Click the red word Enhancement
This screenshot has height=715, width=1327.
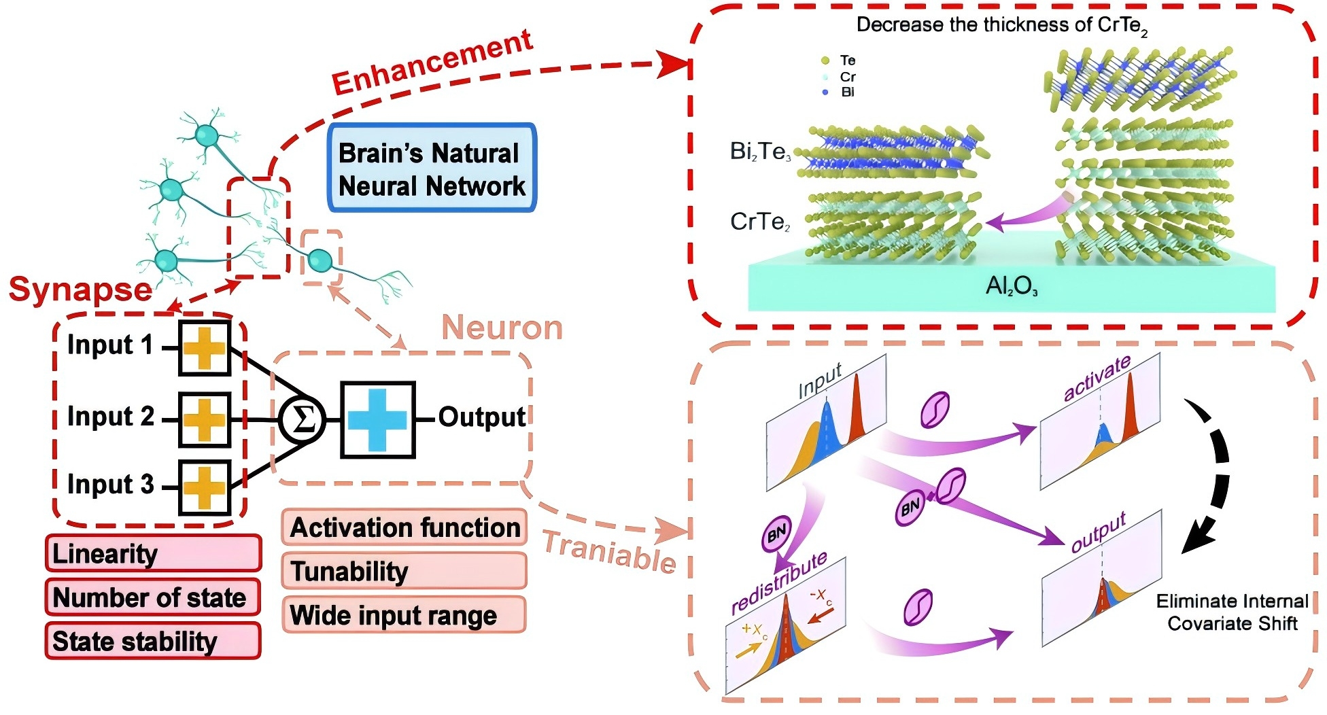(432, 63)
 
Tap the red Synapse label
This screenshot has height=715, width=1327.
(80, 290)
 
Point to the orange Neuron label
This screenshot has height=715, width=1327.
(502, 328)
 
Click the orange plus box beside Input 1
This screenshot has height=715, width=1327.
(204, 348)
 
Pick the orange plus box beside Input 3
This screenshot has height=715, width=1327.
(204, 487)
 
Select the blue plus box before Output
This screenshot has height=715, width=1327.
(377, 419)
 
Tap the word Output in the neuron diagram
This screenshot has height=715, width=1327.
(481, 417)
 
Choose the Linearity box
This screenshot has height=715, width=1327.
(153, 553)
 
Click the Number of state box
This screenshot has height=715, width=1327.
(152, 597)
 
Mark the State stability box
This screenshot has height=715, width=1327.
(152, 641)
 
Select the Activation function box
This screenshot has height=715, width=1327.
(404, 527)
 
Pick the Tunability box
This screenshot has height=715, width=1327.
(404, 571)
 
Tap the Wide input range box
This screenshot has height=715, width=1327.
(404, 615)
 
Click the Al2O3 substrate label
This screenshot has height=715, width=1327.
(1012, 286)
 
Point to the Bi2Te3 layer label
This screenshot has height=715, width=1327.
(760, 151)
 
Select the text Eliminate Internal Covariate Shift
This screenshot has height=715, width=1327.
(1232, 612)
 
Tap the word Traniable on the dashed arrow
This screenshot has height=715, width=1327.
(609, 551)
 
